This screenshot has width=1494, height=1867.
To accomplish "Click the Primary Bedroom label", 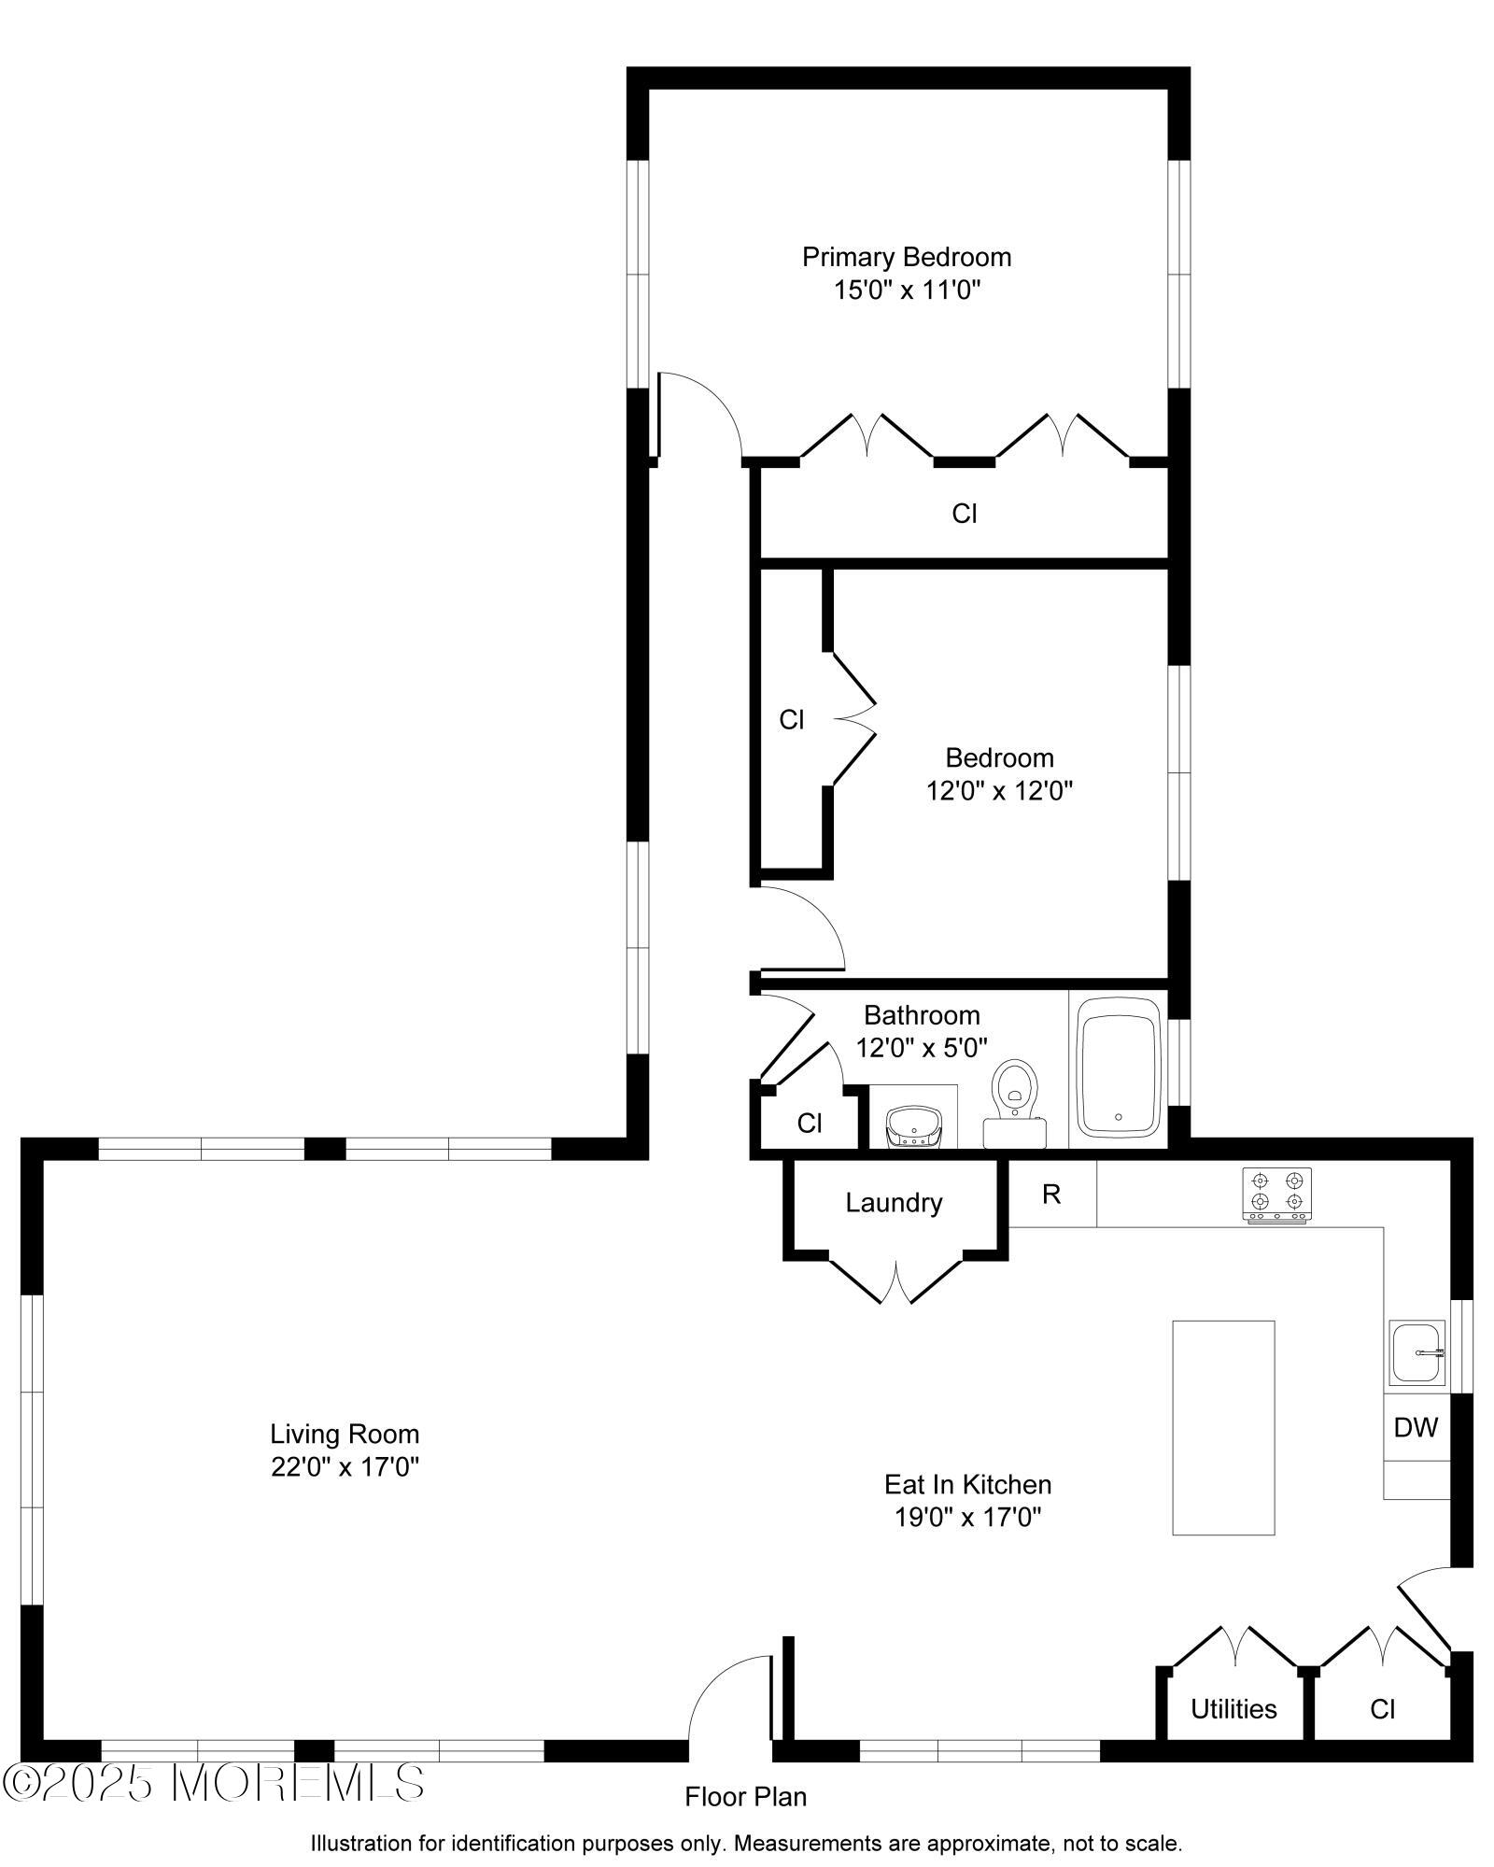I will click(906, 257).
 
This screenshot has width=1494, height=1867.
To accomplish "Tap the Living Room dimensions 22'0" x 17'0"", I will click(345, 1467).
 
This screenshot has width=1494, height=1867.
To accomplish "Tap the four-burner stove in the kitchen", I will click(1276, 1194).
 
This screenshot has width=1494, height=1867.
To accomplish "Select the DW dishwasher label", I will click(1416, 1427).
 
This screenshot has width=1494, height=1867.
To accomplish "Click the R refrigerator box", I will click(1051, 1194).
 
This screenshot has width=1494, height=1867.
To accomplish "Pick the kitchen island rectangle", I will click(1223, 1427).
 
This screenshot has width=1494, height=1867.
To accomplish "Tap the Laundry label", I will click(894, 1203).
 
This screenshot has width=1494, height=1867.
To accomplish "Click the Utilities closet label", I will click(1233, 1709).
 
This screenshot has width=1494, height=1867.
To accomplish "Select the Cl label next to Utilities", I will click(1382, 1709).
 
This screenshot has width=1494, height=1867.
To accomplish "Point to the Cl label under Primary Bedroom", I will click(964, 514).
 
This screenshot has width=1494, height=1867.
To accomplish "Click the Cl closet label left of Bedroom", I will click(792, 720).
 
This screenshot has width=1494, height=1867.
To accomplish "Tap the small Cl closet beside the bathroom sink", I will click(810, 1124).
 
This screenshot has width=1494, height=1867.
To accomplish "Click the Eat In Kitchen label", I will click(967, 1484).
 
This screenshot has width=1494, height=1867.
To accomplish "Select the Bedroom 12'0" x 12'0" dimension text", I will click(999, 791).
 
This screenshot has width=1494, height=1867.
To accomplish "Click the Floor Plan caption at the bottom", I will click(745, 1796).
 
